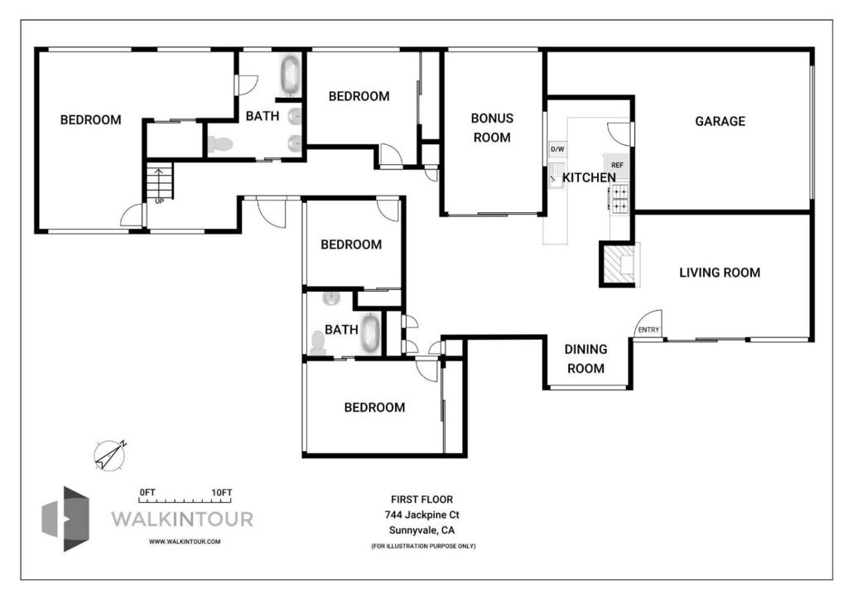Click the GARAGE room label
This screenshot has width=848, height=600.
tap(720, 121)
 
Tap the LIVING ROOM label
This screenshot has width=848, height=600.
tap(720, 273)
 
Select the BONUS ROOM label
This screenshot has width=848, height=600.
tap(492, 128)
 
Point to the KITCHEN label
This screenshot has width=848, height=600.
tap(589, 177)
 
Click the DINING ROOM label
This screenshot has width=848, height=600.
tap(585, 359)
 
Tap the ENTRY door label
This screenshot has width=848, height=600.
tap(648, 330)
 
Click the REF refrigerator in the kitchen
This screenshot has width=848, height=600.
tap(617, 165)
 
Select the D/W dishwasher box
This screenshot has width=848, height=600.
tap(557, 149)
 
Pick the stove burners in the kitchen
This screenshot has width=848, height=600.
tap(619, 197)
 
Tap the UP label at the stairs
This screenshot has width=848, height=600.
tap(160, 201)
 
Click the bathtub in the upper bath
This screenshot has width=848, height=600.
tap(291, 75)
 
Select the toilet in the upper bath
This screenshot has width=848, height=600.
tap(220, 144)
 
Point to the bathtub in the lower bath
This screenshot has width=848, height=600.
tap(370, 334)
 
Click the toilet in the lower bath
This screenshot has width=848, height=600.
tap(318, 343)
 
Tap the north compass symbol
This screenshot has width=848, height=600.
tap(110, 455)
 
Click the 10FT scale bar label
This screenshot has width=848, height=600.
tap(222, 492)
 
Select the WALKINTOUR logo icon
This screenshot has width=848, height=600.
tap(65, 519)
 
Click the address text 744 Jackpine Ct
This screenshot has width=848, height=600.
tap(422, 515)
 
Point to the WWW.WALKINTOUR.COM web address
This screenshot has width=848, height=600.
tap(185, 541)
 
